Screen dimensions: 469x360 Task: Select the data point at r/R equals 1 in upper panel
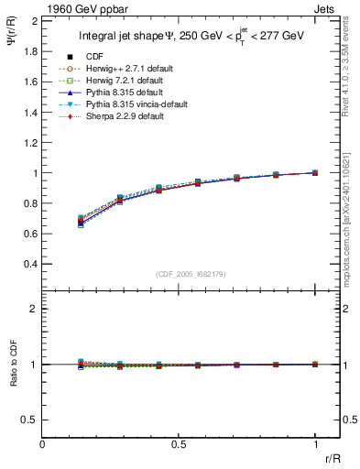(315, 172)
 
